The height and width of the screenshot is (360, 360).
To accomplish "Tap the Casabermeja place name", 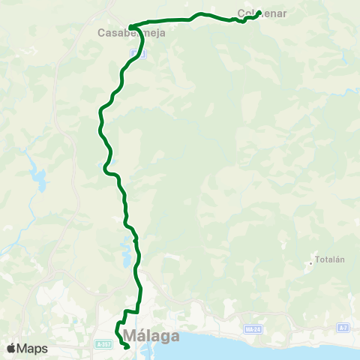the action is pyautogui.click(x=131, y=33).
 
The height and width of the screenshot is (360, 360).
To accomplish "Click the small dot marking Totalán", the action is pyautogui.click(x=311, y=263).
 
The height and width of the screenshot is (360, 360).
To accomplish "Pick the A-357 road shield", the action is pyautogui.click(x=103, y=343).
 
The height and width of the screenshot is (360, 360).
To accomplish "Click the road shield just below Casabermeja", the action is pyautogui.click(x=132, y=54).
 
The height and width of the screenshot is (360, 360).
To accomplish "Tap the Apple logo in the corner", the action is pyautogui.click(x=11, y=349).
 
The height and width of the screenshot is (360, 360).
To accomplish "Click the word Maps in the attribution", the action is pyautogui.click(x=33, y=349).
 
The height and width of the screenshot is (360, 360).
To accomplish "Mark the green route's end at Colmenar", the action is pyautogui.click(x=258, y=13).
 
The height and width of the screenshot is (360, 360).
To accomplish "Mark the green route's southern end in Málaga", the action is pyautogui.click(x=126, y=346).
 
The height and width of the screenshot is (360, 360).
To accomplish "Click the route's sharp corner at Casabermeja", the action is pyautogui.click(x=131, y=27).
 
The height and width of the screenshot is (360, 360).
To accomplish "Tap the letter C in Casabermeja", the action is pyautogui.click(x=101, y=33).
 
